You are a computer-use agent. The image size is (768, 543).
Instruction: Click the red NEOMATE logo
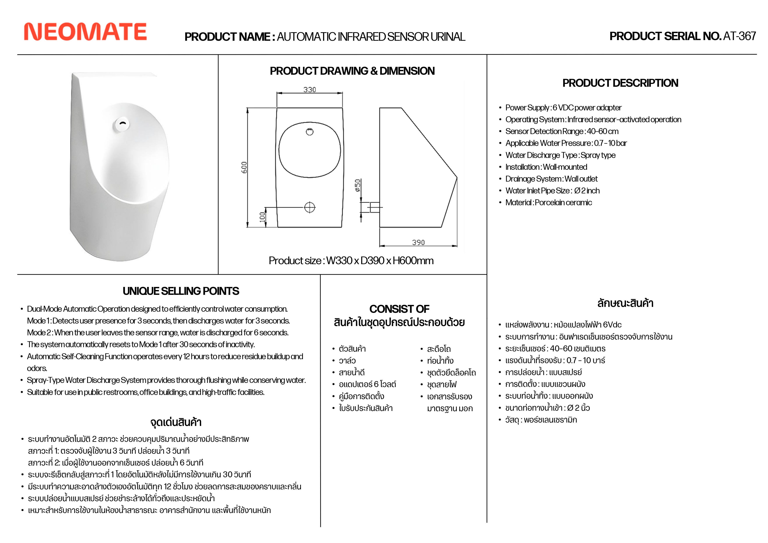[85, 32]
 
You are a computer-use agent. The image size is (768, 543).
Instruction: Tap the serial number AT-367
[739, 36]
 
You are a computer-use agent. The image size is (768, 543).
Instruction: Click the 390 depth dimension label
[418, 242]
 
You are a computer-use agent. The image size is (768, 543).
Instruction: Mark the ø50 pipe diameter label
[358, 186]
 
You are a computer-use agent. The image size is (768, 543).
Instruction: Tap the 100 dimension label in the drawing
[262, 217]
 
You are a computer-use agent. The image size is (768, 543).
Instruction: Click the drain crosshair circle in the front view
[310, 208]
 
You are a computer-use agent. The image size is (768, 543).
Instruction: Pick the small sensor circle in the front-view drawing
[310, 132]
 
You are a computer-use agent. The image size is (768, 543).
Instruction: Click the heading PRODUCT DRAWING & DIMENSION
[352, 71]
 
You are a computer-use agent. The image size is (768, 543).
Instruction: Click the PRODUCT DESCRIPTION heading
[620, 83]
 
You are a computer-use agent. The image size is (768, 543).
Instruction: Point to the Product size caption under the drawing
[351, 260]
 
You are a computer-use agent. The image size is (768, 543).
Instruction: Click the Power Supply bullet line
[563, 108]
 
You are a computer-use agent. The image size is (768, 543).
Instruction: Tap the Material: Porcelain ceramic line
[548, 203]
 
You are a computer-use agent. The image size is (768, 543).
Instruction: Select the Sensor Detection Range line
[562, 131]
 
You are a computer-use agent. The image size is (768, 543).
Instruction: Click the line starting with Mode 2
[158, 333]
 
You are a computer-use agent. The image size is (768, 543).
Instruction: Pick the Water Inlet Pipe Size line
[552, 191]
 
